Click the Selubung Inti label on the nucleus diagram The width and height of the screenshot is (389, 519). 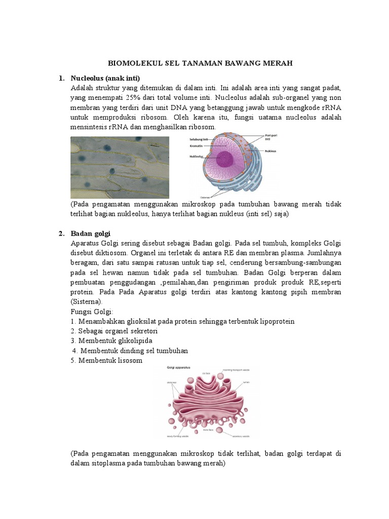pyautogui.click(x=198, y=138)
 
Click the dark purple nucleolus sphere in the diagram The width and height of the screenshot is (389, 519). pyautogui.click(x=226, y=161)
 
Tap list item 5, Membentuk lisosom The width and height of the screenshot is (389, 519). pyautogui.click(x=107, y=360)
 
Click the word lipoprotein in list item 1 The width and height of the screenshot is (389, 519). pyautogui.click(x=276, y=321)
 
